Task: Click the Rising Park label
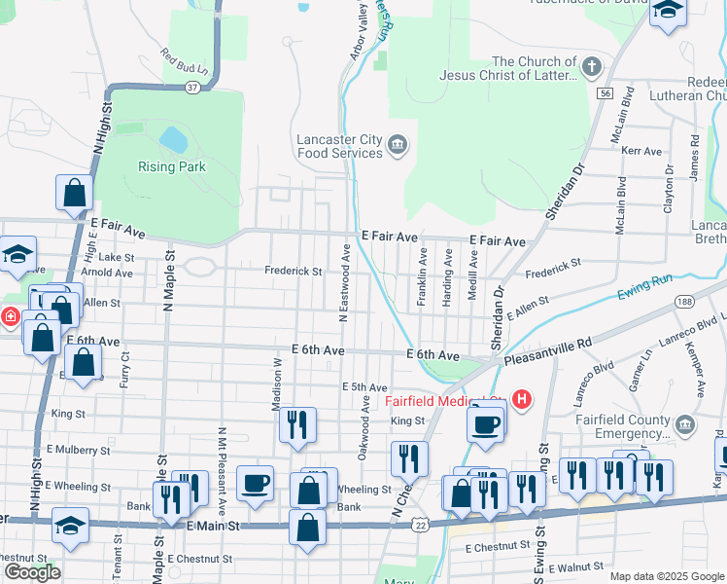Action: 171,166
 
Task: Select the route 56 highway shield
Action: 606,92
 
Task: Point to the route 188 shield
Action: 683,301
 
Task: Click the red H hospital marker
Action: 523,399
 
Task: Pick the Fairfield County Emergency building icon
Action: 684,425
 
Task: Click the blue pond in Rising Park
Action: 173,139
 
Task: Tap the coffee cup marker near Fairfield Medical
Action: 486,423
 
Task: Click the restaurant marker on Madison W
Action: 297,424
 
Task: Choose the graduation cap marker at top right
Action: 669,13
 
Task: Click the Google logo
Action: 32,572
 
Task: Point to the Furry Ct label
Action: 125,370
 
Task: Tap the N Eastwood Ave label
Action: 344,282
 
